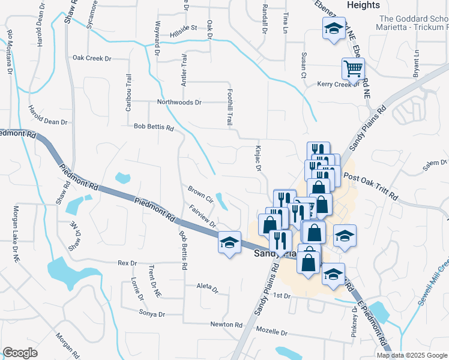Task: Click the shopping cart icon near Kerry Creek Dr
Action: click(353, 68)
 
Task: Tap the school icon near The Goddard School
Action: click(334, 29)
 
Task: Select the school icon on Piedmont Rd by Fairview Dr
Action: click(229, 242)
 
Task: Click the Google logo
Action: click(20, 353)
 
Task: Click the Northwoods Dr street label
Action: click(179, 103)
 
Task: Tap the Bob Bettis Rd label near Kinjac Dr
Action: click(153, 128)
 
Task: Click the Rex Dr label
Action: click(127, 263)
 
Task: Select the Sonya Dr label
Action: click(152, 314)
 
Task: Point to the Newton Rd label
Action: click(226, 325)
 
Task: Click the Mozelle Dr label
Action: click(272, 332)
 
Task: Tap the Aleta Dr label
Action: click(208, 288)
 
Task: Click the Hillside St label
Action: click(184, 28)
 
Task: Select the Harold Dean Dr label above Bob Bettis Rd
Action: click(48, 118)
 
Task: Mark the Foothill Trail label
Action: click(229, 107)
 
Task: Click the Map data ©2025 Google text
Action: click(412, 355)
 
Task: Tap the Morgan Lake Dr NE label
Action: click(16, 235)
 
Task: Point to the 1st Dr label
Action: click(282, 296)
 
